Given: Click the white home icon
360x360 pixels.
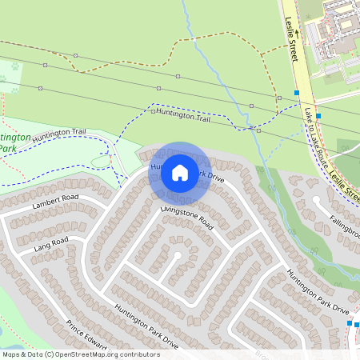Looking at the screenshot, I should pyautogui.click(x=180, y=172).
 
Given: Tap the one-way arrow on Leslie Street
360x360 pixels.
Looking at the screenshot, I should pyautogui.click(x=294, y=34).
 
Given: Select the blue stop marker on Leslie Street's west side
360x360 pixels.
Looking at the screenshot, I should pyautogui.click(x=297, y=93).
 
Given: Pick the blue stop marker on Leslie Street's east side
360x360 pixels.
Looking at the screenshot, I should pyautogui.click(x=318, y=115).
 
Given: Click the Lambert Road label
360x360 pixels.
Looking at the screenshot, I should pyautogui.click(x=55, y=202).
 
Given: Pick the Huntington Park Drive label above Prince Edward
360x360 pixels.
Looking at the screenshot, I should pyautogui.click(x=146, y=324).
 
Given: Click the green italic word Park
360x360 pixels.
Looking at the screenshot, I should pyautogui.click(x=7, y=148).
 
